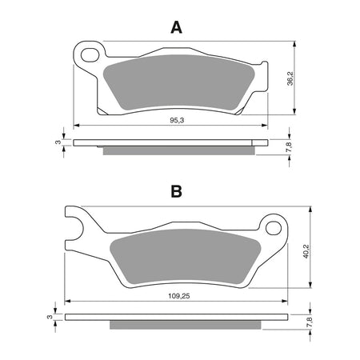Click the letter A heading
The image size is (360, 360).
(x=177, y=28)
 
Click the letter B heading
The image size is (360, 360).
(x=177, y=191)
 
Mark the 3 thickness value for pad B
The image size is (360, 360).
(x=50, y=318)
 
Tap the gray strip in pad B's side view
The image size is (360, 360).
(x=183, y=326)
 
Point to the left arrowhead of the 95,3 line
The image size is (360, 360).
(x=77, y=125)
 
